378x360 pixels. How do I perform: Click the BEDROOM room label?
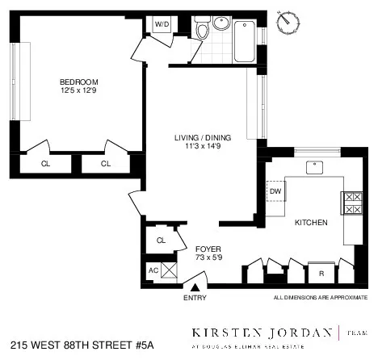tap(78, 82)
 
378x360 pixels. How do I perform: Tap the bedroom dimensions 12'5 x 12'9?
tap(78, 91)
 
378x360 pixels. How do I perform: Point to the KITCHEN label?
tap(311, 223)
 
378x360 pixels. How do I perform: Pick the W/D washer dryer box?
tap(162, 24)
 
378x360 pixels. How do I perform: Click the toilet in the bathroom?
tap(202, 31)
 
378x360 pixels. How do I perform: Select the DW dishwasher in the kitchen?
tap(275, 191)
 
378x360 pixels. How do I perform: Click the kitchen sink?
tap(314, 168)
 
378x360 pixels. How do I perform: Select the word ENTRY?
tap(195, 298)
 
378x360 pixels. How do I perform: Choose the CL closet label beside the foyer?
tap(161, 240)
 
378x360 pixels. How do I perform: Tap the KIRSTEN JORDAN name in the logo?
tap(262, 332)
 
